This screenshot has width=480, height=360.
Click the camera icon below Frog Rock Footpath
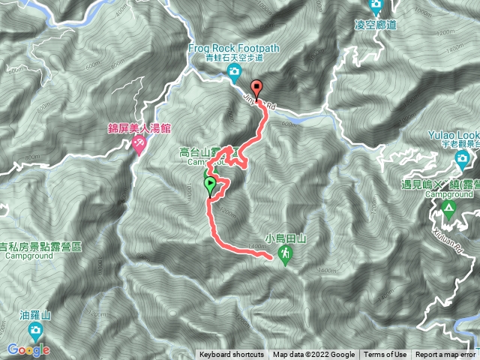234,72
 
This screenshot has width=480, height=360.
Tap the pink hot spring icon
138,143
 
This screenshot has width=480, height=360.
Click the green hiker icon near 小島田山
286,255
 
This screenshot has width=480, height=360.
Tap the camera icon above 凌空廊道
376,7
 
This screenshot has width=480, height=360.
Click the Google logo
28,349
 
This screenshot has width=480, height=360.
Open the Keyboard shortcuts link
231,355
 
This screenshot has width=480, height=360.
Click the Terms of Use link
386,355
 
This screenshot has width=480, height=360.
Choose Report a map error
445,355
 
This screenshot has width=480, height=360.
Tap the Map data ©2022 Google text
313,355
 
